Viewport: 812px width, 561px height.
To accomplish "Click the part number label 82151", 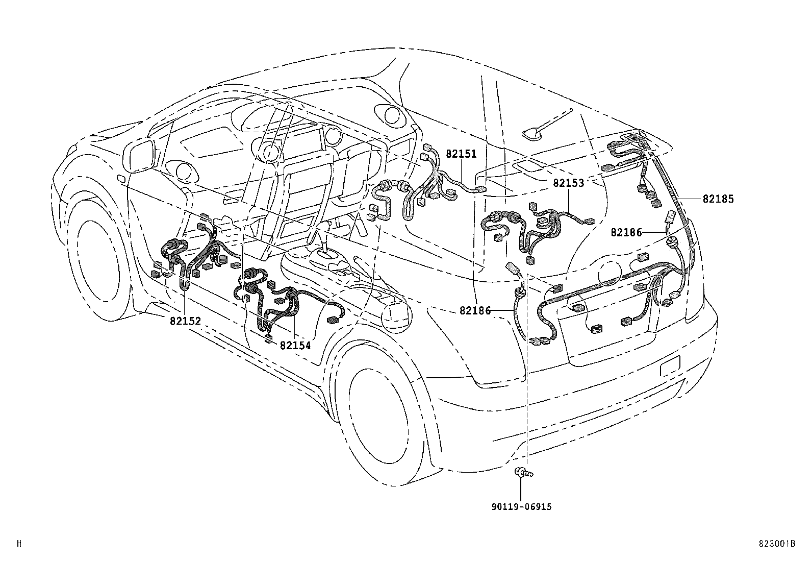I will coord(461,153).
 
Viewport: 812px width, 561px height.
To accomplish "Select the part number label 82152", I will coord(185,321).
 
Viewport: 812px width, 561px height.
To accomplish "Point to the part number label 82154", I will coord(295,345).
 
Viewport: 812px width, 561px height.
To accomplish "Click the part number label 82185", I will coord(718,199).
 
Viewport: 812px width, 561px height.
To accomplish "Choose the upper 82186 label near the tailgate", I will coord(626,232).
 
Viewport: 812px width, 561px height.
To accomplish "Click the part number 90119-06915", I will coord(521,507).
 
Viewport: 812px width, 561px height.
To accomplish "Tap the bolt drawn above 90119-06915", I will coord(523,473).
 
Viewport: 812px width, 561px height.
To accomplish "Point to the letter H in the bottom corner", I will coord(19,544).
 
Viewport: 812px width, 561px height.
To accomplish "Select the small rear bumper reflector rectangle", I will coord(670,367).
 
